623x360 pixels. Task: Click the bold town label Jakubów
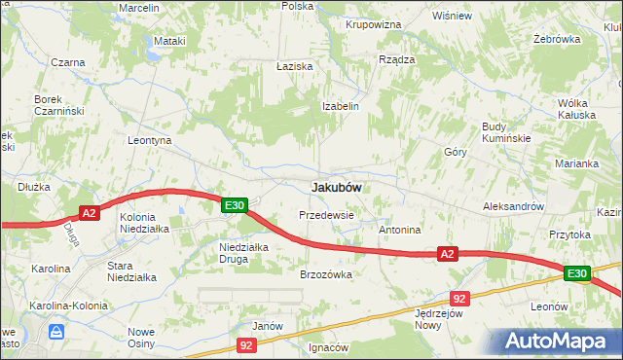point(337,187)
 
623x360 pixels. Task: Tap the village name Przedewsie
point(326,214)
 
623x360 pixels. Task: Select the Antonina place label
point(399,231)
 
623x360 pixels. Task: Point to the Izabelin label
point(342,106)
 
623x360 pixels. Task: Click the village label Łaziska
point(293,65)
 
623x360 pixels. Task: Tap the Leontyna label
point(150,140)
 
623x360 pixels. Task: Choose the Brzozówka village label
point(325,274)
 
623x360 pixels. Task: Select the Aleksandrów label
point(512,207)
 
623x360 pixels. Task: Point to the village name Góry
point(456,153)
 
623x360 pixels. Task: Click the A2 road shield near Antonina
point(447,254)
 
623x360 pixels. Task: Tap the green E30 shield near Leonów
point(576,274)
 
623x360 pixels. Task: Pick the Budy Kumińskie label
point(505,132)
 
